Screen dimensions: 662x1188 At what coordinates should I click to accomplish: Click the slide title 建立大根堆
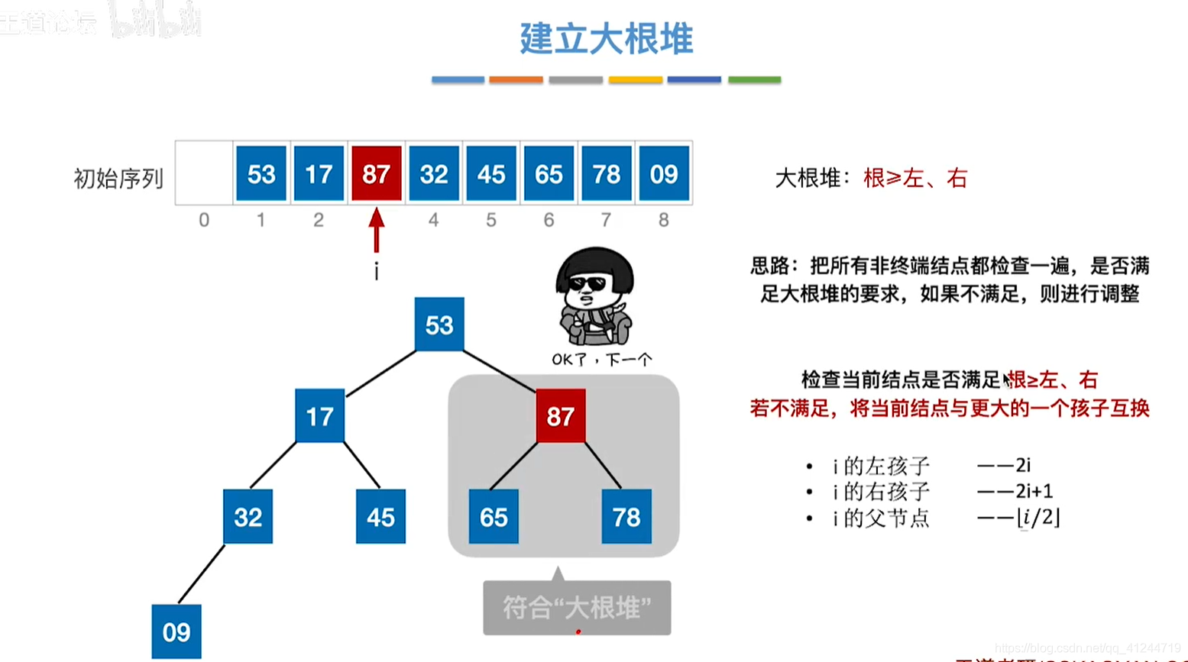click(x=606, y=38)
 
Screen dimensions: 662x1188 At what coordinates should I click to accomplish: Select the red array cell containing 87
click(x=376, y=174)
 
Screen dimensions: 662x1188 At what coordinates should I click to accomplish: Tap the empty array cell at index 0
click(x=204, y=173)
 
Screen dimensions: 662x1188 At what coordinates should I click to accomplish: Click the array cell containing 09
click(x=663, y=174)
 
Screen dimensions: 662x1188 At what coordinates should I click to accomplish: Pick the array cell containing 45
click(x=491, y=174)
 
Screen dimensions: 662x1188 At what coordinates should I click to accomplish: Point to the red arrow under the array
click(x=376, y=230)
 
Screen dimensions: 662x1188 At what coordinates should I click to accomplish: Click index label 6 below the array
click(x=549, y=221)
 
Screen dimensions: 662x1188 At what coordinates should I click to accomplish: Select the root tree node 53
click(x=439, y=325)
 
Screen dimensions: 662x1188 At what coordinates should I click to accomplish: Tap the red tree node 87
click(x=561, y=416)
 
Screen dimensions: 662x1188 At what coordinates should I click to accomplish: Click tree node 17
click(x=319, y=416)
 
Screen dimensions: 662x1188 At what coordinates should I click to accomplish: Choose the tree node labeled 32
click(x=248, y=517)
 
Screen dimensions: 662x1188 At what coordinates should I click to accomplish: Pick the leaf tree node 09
click(x=176, y=631)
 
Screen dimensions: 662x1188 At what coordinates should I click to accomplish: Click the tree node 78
click(x=626, y=517)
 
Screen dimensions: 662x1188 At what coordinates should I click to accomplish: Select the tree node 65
click(x=494, y=517)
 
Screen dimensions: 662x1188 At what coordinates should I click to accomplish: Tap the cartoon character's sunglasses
click(x=588, y=284)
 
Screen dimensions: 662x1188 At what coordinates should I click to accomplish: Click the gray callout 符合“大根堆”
click(x=577, y=608)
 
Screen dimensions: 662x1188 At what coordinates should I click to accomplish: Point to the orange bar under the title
click(x=516, y=79)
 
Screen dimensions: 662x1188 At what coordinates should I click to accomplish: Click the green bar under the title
click(x=754, y=79)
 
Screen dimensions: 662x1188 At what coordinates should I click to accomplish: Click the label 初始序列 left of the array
click(x=118, y=179)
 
